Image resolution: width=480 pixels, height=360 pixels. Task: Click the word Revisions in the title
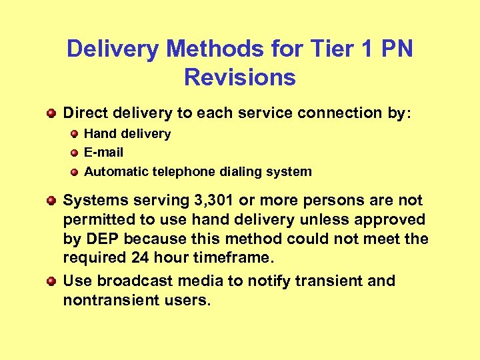240,77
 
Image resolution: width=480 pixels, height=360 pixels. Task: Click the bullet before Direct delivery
51,113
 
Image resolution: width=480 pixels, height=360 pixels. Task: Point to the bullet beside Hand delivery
74,134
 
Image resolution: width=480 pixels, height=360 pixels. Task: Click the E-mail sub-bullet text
103,153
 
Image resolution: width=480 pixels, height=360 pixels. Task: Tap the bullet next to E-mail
74,153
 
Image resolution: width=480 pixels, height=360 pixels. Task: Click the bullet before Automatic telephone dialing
74,171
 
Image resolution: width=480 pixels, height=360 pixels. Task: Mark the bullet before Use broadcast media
51,281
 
